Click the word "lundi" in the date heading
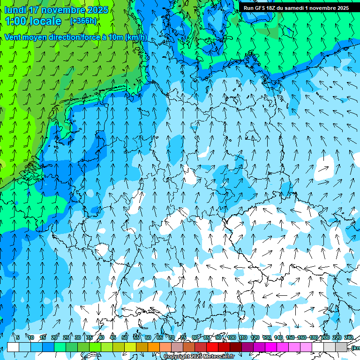pyautogui.click(x=15, y=10)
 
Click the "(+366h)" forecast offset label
pyautogui.click(x=83, y=21)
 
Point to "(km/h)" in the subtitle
pyautogui.click(x=136, y=37)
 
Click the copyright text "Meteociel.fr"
pyautogui.click(x=218, y=357)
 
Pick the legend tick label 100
pyautogui.click(x=232, y=337)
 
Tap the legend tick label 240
pyautogui.click(x=348, y=337)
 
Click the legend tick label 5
pyautogui.click(x=18, y=337)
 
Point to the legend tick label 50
pyautogui.click(x=125, y=337)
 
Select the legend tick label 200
pyautogui.click(x=325, y=337)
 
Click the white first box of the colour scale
pyautogui.click(x=13, y=347)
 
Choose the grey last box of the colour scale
pyautogui.click(x=341, y=347)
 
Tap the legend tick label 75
pyautogui.click(x=183, y=337)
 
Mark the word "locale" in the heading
pyautogui.click(x=46, y=21)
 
